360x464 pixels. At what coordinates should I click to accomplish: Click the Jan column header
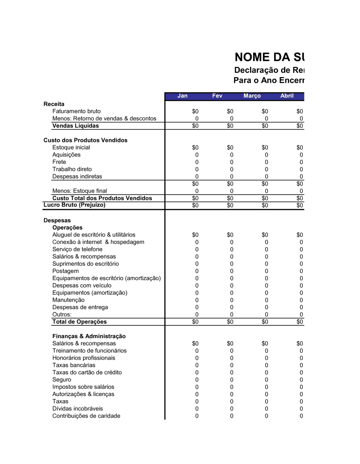(x=182, y=96)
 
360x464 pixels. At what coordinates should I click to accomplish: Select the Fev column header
(x=217, y=96)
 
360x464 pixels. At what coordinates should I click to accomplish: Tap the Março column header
(x=252, y=96)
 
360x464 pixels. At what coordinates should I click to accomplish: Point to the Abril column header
(x=287, y=96)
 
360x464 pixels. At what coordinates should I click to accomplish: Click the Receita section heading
(x=54, y=104)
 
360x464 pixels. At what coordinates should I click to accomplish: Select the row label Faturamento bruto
(x=76, y=111)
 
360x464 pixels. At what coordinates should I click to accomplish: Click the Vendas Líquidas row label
(x=76, y=126)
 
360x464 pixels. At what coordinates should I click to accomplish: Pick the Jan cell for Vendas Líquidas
(x=195, y=126)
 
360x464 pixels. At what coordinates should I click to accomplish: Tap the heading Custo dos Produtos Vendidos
(x=85, y=140)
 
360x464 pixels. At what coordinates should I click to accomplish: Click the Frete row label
(x=59, y=162)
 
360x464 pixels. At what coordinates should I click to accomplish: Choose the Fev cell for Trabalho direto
(x=231, y=169)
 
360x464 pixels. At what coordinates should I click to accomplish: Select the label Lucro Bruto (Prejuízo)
(x=74, y=205)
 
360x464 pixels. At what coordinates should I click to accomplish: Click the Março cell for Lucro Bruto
(x=265, y=205)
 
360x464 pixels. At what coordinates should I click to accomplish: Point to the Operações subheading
(x=67, y=228)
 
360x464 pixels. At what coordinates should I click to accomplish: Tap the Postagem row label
(x=66, y=271)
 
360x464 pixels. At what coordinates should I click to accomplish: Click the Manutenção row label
(x=68, y=300)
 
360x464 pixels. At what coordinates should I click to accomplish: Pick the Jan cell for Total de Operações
(x=195, y=322)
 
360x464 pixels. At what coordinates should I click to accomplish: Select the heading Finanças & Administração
(x=89, y=336)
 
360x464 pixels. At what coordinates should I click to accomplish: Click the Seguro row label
(x=62, y=379)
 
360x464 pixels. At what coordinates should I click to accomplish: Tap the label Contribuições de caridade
(x=86, y=416)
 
